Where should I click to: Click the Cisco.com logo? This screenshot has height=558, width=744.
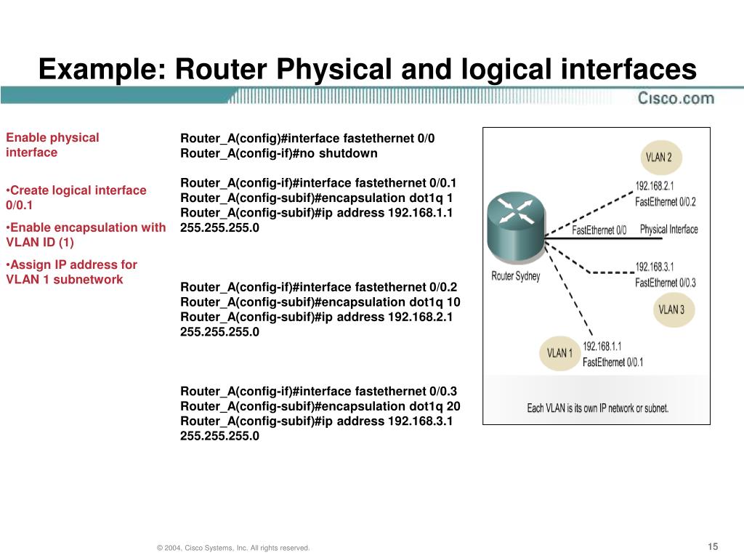click(x=676, y=98)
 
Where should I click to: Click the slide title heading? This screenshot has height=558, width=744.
click(x=367, y=69)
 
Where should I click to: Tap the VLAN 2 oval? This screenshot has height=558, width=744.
click(x=659, y=157)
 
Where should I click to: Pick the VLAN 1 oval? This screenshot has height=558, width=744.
click(x=559, y=353)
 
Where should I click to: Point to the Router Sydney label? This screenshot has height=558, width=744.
click(x=516, y=276)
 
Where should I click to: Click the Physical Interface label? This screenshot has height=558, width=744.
click(x=668, y=230)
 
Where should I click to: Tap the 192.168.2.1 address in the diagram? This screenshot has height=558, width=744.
click(x=655, y=186)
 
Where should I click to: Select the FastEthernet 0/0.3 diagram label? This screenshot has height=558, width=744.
click(x=665, y=283)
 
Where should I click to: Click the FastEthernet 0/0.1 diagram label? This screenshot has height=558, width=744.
click(x=612, y=362)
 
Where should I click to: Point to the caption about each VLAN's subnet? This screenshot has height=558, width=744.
click(x=597, y=408)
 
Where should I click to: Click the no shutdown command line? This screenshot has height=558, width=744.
click(x=279, y=153)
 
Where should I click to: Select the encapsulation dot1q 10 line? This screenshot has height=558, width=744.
click(x=320, y=302)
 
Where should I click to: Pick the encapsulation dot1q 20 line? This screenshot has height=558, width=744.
click(x=320, y=406)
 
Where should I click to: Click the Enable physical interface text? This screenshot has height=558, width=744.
click(x=52, y=145)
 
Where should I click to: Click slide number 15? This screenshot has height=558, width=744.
click(x=712, y=547)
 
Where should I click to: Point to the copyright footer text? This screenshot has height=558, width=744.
click(x=233, y=548)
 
